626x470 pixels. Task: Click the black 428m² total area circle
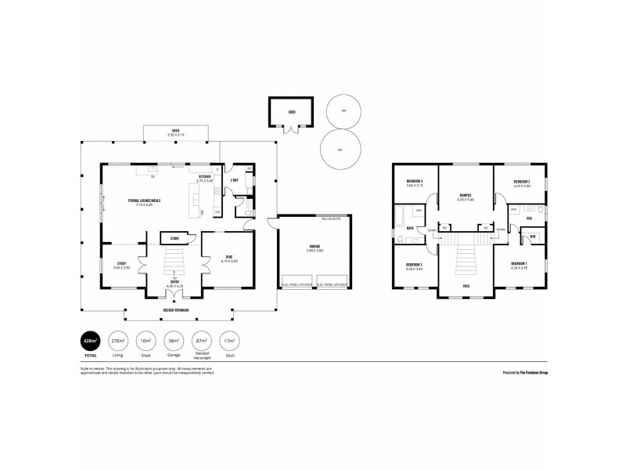point(91,342)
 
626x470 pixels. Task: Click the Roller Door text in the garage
point(329,220)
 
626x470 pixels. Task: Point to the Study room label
point(121,264)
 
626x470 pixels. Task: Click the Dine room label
point(229,258)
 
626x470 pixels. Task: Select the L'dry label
point(234,181)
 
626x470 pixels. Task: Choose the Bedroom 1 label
point(519,264)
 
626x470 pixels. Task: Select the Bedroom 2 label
point(522,183)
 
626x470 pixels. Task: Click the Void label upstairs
point(466,287)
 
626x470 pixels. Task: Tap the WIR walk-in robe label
point(532,236)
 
